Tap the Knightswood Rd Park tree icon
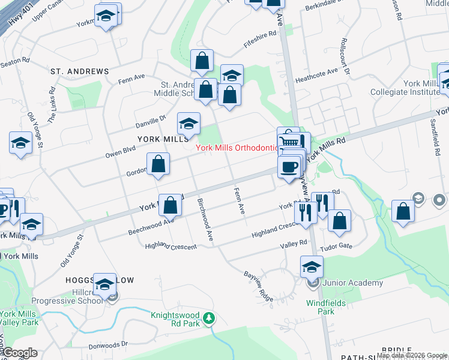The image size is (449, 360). pos(208,317)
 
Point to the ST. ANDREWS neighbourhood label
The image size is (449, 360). pos(80,71)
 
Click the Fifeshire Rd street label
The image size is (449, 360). pos(259,39)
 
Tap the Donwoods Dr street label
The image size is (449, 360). pos(109,345)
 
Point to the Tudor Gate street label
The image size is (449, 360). pos(354,245)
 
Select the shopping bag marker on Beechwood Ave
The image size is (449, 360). pos(170,205)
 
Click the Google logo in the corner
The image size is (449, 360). pos(19,353)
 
